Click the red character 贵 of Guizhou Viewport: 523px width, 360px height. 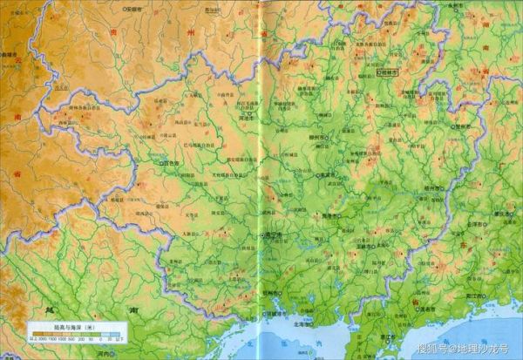coord(114,32)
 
